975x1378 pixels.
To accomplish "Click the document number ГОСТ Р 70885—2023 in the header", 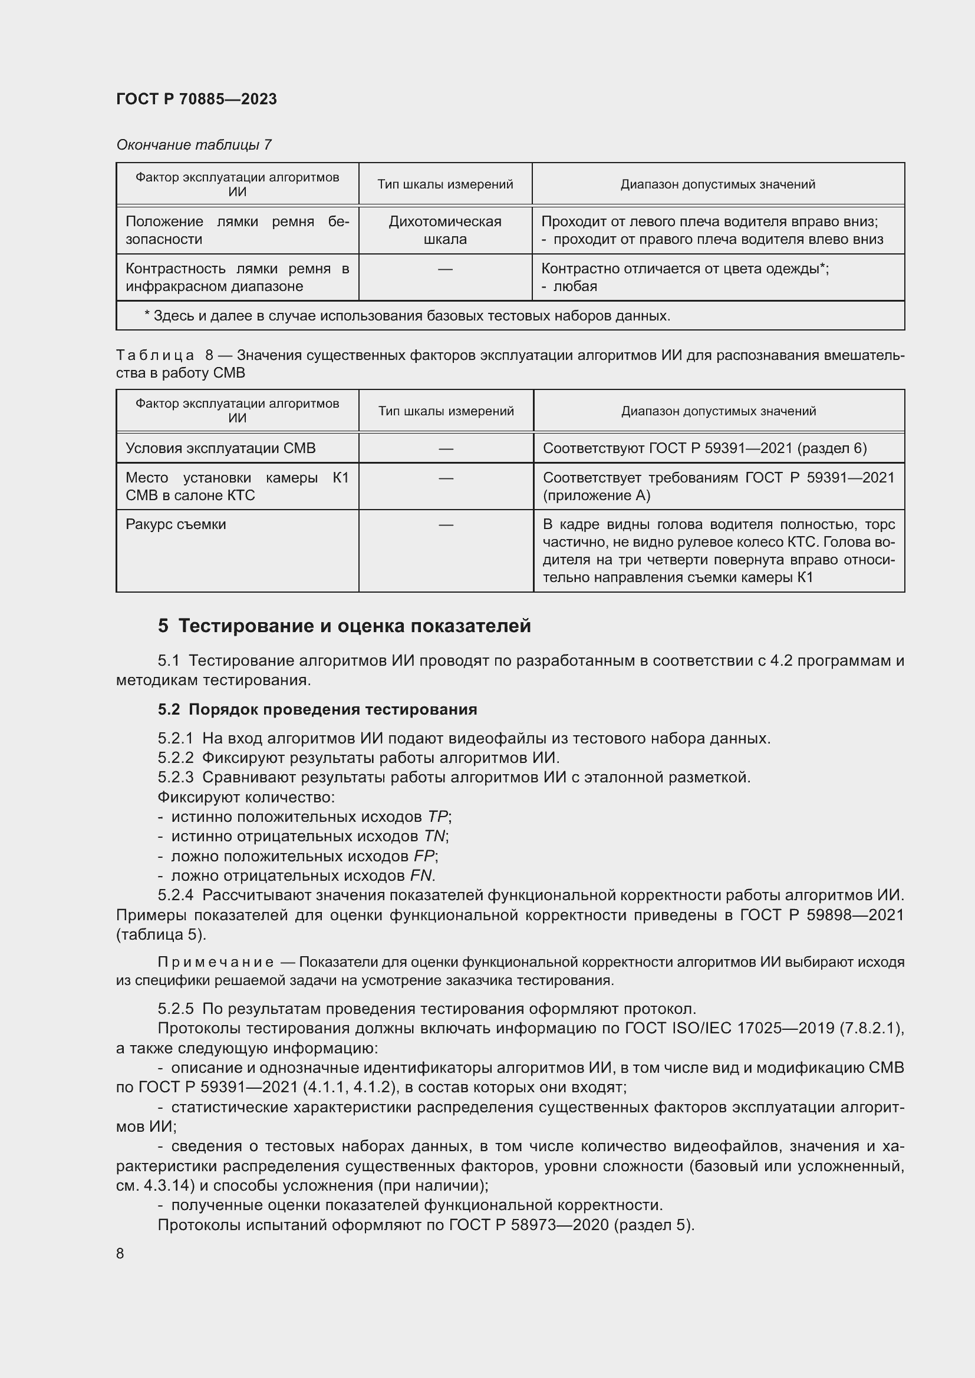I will [196, 99].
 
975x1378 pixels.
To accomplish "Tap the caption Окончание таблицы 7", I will [193, 145].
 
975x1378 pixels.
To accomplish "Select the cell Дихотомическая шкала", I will [445, 230].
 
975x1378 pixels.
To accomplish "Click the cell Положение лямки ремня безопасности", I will [237, 230].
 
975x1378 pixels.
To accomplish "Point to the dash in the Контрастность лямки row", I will [445, 269].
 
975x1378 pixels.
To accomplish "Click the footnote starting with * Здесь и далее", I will [407, 316].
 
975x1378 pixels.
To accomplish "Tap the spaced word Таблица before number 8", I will [155, 355].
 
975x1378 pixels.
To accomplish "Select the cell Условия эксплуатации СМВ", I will [220, 448].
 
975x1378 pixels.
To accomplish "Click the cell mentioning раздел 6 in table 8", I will [704, 448].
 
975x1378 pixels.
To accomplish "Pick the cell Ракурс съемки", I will [176, 524].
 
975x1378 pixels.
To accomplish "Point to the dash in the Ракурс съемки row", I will [446, 525].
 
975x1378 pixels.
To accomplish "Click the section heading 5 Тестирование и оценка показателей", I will [344, 626].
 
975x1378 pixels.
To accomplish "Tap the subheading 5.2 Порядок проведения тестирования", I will [317, 709].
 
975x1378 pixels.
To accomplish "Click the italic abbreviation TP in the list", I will [437, 817].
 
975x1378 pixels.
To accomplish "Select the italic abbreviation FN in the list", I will [421, 875].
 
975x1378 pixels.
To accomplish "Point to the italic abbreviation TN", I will [434, 837].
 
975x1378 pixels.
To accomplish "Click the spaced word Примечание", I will [216, 963].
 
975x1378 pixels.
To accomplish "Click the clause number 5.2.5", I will [175, 1009].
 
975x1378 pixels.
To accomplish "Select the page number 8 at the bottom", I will [120, 1254].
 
